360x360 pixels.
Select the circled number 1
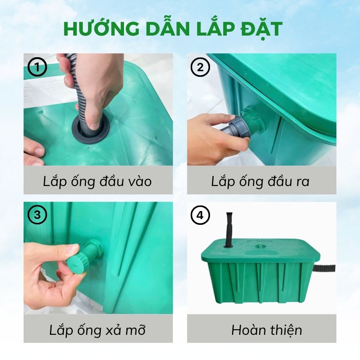tap(37, 67)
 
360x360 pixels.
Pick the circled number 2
tap(200, 67)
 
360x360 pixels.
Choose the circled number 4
tap(200, 215)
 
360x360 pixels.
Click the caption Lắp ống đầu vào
tap(97, 181)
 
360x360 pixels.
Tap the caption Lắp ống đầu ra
tap(260, 181)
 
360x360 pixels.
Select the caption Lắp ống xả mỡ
tap(97, 330)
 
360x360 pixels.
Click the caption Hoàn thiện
tap(266, 330)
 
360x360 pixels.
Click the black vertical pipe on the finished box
tap(229, 230)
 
